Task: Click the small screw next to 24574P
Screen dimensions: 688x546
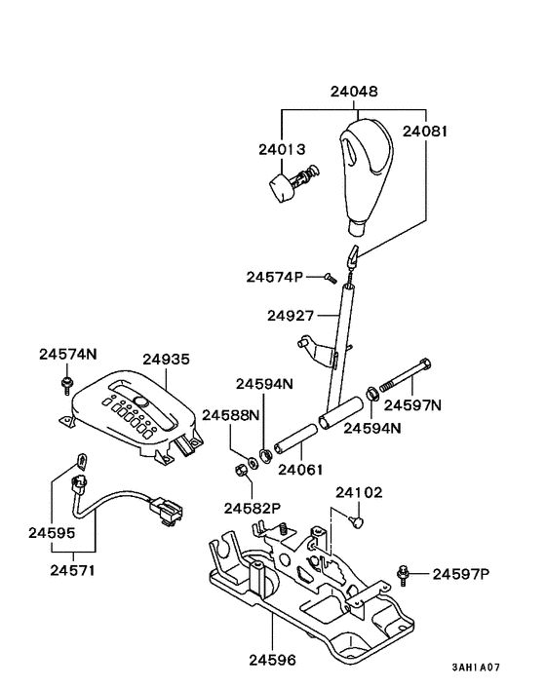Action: (331, 278)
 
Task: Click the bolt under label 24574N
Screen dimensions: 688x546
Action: (66, 384)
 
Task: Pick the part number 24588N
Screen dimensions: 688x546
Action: (231, 415)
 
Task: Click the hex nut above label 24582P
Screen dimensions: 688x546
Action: (240, 475)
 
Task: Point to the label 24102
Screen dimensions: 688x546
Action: (360, 493)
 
